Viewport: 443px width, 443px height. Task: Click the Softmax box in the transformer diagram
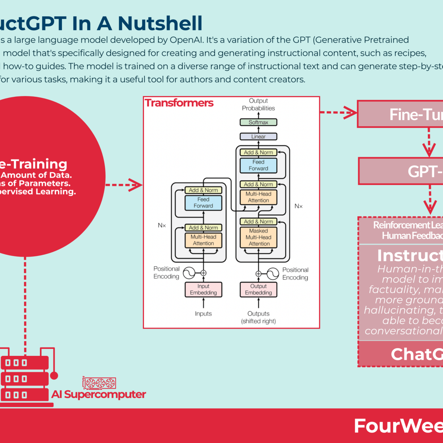coord(258,122)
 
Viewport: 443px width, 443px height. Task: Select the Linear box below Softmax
coord(258,137)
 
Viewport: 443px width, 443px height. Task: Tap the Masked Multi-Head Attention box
coord(258,237)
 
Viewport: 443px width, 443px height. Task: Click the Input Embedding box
coord(203,289)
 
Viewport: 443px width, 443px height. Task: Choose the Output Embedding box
coord(258,289)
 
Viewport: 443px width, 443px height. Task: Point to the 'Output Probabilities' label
coord(258,104)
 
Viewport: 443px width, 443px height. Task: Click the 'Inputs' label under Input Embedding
coord(203,314)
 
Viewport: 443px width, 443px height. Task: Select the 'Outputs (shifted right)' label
coord(258,317)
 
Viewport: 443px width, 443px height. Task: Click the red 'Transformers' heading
coord(179,103)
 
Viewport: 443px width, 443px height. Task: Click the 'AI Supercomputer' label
coord(99,394)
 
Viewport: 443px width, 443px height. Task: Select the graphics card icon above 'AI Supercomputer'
coord(99,383)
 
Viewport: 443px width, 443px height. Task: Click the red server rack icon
coord(25,378)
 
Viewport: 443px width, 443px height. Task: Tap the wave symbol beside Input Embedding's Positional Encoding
coord(189,273)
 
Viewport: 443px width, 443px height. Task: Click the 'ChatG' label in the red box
coord(416,354)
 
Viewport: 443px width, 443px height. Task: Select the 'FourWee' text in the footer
coord(398,426)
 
